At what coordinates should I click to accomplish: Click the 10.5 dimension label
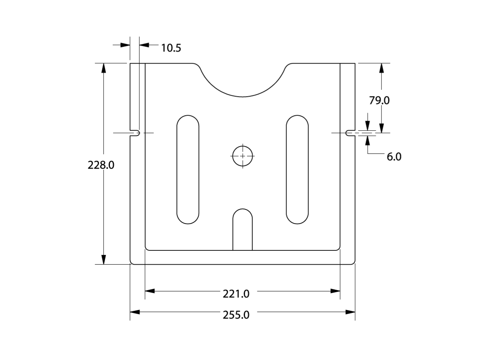pyautogui.click(x=171, y=48)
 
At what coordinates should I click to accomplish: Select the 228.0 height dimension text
pyautogui.click(x=101, y=165)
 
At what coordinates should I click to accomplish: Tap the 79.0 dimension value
pyautogui.click(x=379, y=100)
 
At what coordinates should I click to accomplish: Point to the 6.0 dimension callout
pyautogui.click(x=394, y=157)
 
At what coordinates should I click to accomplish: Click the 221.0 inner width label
pyautogui.click(x=236, y=294)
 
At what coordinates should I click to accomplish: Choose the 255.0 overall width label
pyautogui.click(x=236, y=315)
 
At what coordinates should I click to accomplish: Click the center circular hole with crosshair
pyautogui.click(x=243, y=156)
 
